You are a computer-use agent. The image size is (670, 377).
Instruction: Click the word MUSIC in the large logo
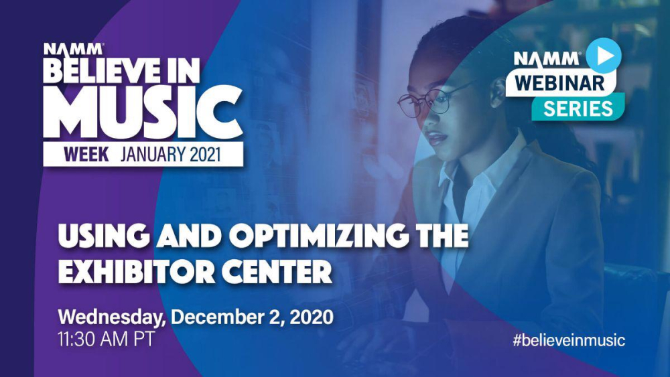click(x=143, y=112)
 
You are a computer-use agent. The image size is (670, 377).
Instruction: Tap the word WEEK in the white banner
click(x=86, y=154)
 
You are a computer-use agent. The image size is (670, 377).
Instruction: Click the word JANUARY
click(x=152, y=154)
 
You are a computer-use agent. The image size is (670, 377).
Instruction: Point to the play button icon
click(x=604, y=56)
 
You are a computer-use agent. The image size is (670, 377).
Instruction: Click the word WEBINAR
click(x=559, y=82)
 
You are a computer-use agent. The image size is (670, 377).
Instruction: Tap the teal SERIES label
click(x=578, y=109)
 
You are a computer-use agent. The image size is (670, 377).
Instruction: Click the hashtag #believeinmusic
click(x=569, y=340)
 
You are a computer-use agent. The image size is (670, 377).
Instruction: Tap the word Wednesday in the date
click(x=112, y=317)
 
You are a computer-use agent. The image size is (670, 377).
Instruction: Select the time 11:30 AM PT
click(x=106, y=340)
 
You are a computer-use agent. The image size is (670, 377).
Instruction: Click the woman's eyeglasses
click(x=431, y=100)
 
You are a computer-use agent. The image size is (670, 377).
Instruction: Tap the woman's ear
click(x=496, y=92)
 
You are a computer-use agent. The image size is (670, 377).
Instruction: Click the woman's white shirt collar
click(x=474, y=171)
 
